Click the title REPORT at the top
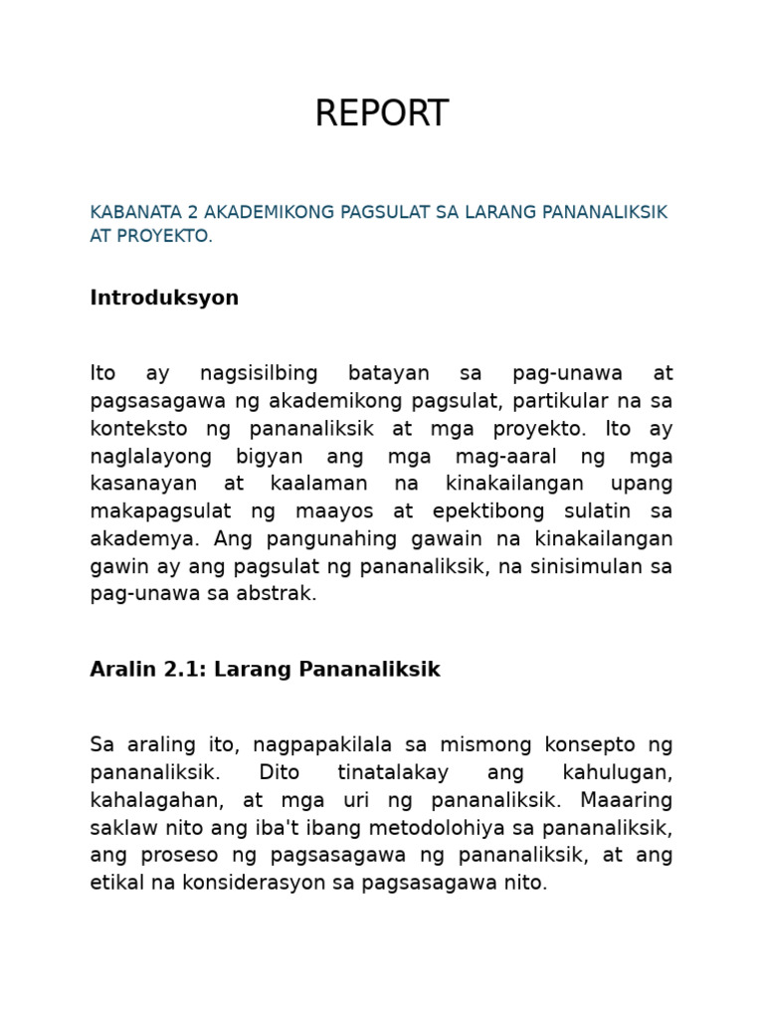(x=381, y=114)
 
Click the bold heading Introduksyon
(x=164, y=299)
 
